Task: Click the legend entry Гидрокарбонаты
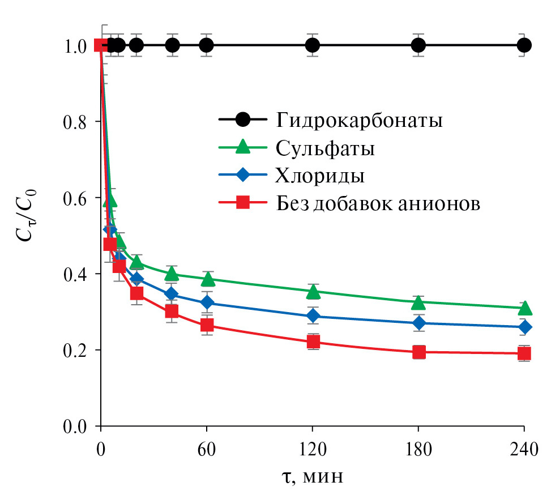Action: [x=359, y=121]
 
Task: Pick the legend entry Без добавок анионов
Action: [x=378, y=203]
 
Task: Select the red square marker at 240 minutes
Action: [x=524, y=353]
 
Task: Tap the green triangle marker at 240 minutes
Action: [x=524, y=308]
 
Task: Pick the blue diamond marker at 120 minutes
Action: [x=313, y=315]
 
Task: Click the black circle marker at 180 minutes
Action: [x=418, y=45]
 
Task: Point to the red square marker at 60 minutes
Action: [x=207, y=325]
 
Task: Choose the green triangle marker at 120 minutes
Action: [x=313, y=292]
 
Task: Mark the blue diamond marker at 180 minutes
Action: [x=418, y=323]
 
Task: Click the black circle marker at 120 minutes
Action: [x=313, y=45]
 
